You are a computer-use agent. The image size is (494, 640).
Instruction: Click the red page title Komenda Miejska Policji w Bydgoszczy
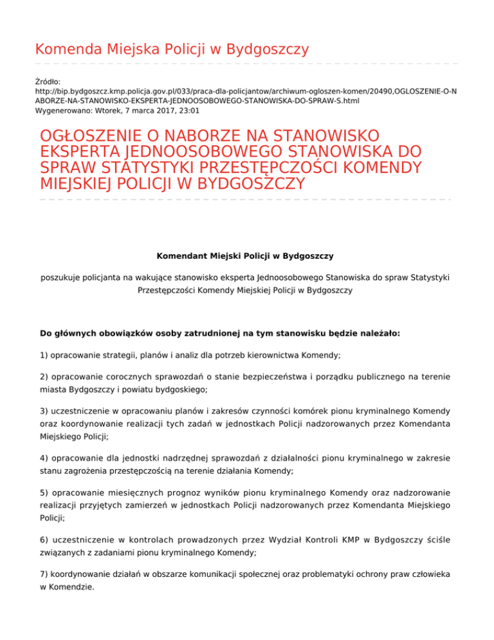172,49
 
